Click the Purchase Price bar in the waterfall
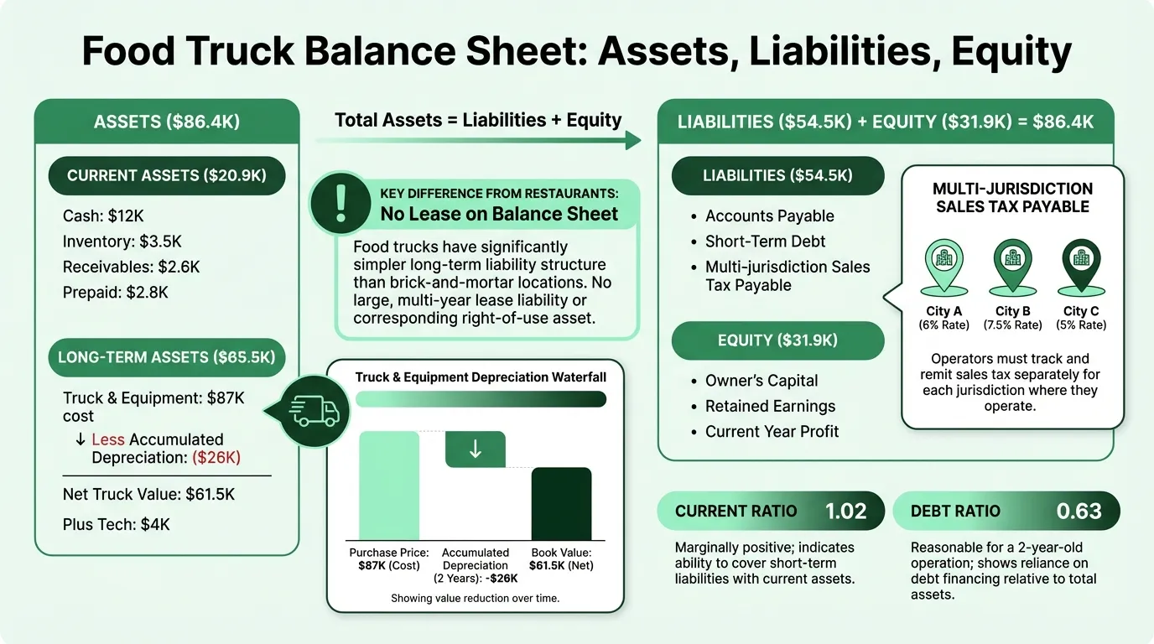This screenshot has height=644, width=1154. coord(388,485)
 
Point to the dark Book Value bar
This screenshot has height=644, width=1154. coord(561,503)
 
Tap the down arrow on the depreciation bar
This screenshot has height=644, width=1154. coord(475,449)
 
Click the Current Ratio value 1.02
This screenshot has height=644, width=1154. coord(845,511)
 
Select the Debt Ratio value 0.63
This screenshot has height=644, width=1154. coord(1079,511)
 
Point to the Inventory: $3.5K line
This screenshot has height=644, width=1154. coord(122,242)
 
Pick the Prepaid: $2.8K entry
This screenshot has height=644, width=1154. coord(116,293)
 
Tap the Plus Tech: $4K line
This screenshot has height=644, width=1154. coord(117,525)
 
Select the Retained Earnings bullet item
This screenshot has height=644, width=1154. coord(770,406)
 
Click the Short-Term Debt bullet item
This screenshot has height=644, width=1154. coord(765,241)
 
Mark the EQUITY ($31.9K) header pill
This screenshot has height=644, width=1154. coord(778,340)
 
